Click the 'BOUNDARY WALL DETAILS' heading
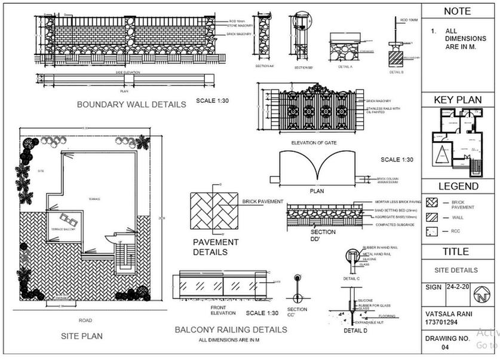tap(131, 104)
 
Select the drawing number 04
tap(444, 347)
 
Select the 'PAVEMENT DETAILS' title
tap(216, 247)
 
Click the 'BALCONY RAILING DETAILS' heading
tap(231, 330)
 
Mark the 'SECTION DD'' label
tap(323, 233)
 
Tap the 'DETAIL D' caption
tap(355, 330)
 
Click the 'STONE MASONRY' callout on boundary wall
tap(241, 26)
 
